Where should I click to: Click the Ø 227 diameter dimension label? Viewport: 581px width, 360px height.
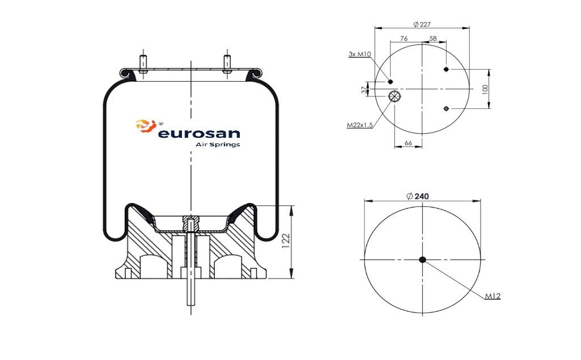(422, 24)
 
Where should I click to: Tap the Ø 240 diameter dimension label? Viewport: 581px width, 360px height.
(418, 197)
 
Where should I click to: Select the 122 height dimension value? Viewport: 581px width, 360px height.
(286, 241)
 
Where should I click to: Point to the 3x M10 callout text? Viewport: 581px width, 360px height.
(360, 54)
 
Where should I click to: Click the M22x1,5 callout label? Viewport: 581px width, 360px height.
(360, 125)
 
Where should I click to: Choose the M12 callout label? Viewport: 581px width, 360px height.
(493, 296)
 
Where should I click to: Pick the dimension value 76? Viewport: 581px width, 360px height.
(404, 39)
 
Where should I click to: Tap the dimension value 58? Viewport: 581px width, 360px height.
(433, 39)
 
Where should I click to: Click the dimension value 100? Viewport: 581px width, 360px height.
(485, 90)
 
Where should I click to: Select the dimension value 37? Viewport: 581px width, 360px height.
(364, 90)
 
